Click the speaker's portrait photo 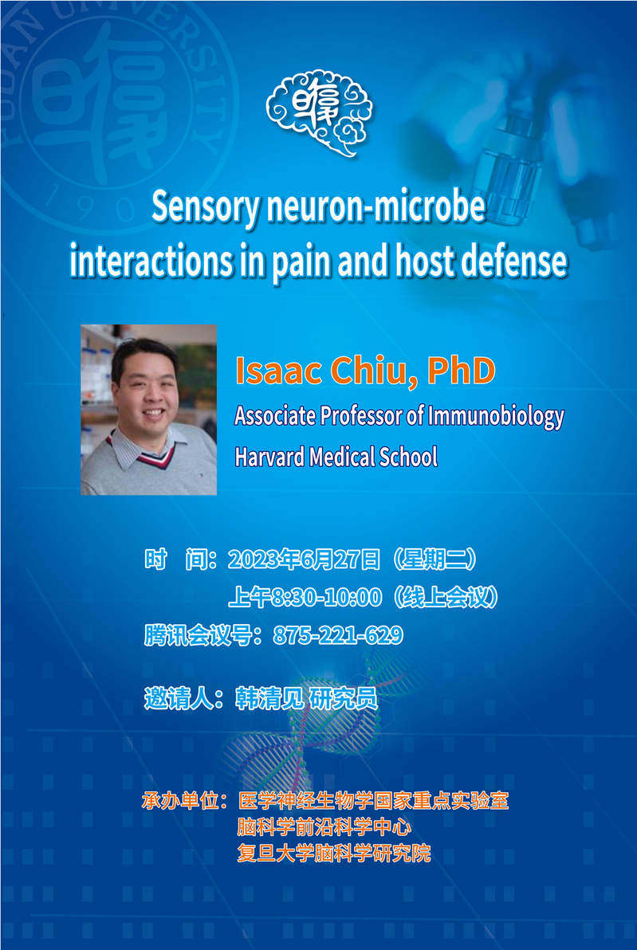tap(148, 410)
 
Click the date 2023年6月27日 tap(304, 560)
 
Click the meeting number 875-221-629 tap(338, 635)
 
